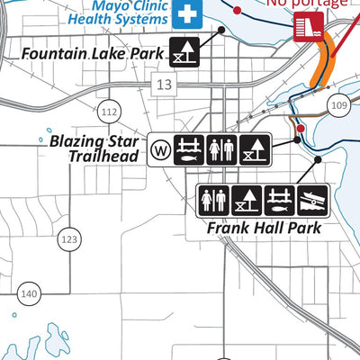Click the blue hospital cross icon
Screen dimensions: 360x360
click(187, 13)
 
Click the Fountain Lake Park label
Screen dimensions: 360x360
click(92, 54)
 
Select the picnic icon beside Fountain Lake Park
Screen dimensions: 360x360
click(184, 53)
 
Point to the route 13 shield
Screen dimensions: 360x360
click(163, 85)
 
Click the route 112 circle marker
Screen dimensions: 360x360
click(109, 112)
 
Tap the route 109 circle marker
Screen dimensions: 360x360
click(338, 104)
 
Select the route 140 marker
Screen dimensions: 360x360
click(30, 293)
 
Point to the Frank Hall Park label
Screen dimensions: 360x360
click(264, 227)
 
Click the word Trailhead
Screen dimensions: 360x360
click(106, 157)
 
